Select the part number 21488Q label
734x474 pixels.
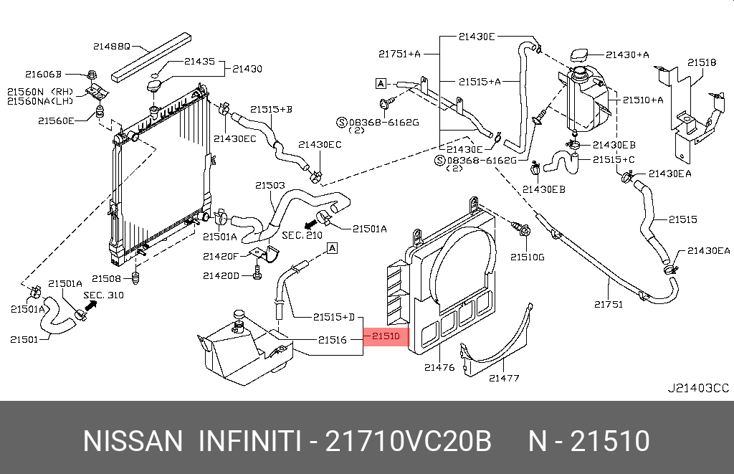click(112, 46)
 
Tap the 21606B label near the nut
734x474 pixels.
click(44, 74)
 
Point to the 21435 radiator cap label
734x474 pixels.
click(199, 62)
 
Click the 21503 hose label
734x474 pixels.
click(270, 185)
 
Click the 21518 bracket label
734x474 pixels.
click(702, 62)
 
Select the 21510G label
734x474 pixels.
click(527, 256)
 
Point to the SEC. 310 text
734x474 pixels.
click(103, 294)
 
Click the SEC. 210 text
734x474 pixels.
click(302, 234)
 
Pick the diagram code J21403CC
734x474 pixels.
click(698, 388)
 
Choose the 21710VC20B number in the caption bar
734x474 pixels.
click(409, 441)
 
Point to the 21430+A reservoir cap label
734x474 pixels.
click(627, 54)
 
